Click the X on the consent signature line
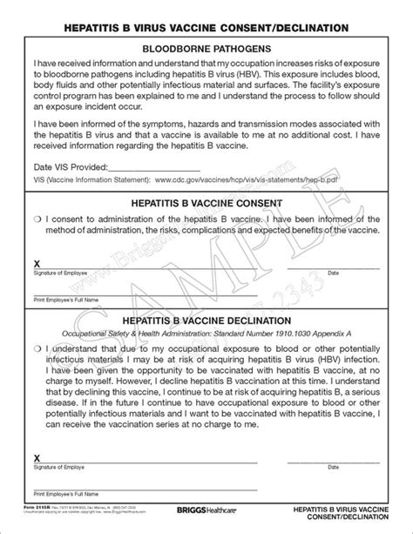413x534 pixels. [36, 262]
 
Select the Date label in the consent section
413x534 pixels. [333, 273]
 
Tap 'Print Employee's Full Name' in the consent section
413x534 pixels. [65, 301]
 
